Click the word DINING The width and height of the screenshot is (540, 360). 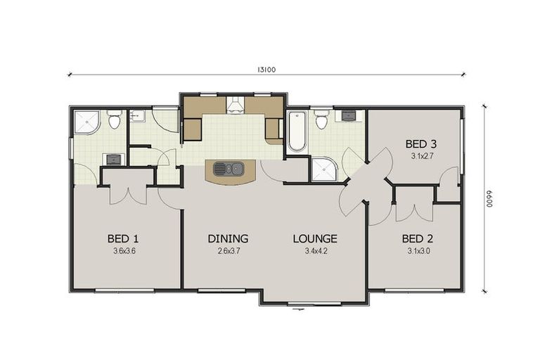click(228, 238)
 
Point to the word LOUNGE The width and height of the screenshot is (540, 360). click(315, 238)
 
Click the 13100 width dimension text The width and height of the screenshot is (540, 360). click(266, 69)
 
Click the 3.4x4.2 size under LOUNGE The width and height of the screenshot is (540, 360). click(315, 250)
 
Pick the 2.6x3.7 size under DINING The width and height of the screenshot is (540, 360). click(228, 250)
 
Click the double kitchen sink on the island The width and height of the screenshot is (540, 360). click(229, 169)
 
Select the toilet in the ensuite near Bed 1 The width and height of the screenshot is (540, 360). click(114, 120)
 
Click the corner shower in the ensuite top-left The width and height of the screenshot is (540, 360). click(86, 122)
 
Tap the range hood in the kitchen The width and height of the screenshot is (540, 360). click(235, 105)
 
